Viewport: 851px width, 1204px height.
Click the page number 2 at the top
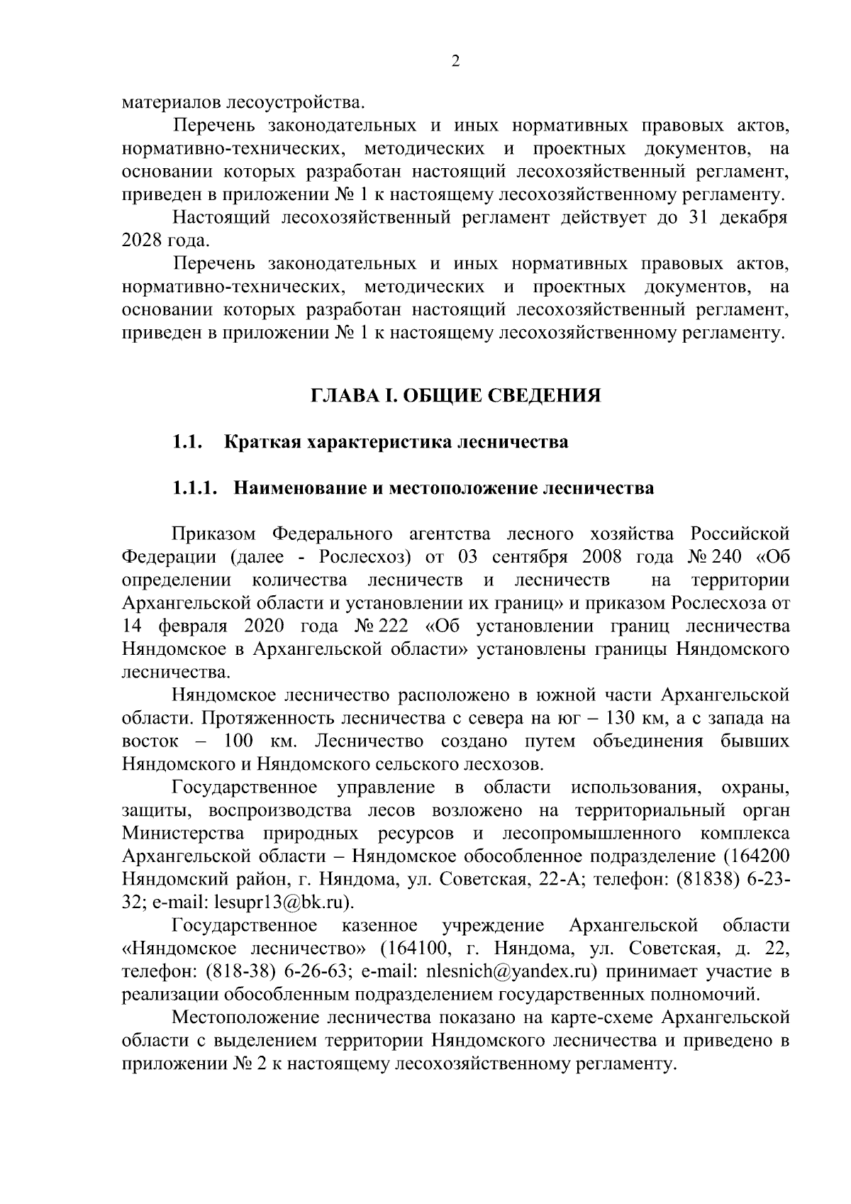[x=455, y=62]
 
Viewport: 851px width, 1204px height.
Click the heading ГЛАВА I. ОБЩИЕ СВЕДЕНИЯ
[x=455, y=395]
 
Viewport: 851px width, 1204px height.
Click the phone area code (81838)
[x=701, y=880]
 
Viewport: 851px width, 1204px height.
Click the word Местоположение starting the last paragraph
[x=248, y=1017]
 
